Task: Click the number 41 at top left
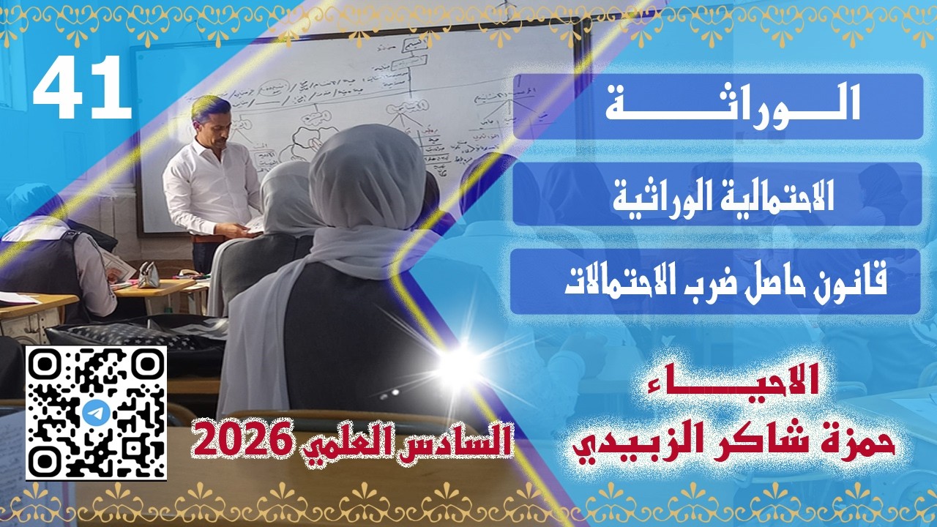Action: click(x=82, y=89)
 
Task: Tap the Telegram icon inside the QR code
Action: click(x=95, y=413)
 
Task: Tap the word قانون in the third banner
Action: click(x=851, y=283)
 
